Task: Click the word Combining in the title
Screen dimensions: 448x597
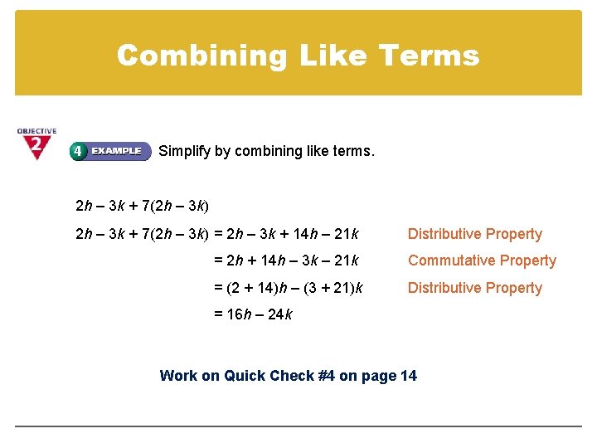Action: pyautogui.click(x=179, y=55)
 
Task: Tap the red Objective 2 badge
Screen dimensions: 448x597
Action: pyautogui.click(x=36, y=144)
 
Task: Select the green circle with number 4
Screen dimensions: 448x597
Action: pyautogui.click(x=77, y=151)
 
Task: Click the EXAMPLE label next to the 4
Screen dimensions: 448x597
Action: pyautogui.click(x=117, y=151)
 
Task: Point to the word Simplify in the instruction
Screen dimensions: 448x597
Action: pyautogui.click(x=184, y=151)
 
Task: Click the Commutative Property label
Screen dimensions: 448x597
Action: pyautogui.click(x=482, y=261)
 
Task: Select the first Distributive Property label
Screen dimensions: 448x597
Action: pyautogui.click(x=474, y=234)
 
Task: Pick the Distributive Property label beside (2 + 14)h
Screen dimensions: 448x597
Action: pyautogui.click(x=474, y=288)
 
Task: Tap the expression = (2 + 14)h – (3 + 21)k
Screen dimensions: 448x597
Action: pyautogui.click(x=288, y=288)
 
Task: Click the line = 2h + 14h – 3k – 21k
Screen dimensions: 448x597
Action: pyautogui.click(x=286, y=261)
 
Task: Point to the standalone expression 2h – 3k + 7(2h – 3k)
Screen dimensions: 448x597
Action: pyautogui.click(x=142, y=204)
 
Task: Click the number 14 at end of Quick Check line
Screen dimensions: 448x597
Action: pyautogui.click(x=408, y=376)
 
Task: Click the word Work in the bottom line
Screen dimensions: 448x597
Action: pyautogui.click(x=178, y=376)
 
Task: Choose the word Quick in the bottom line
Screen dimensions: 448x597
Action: pyautogui.click(x=245, y=376)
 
